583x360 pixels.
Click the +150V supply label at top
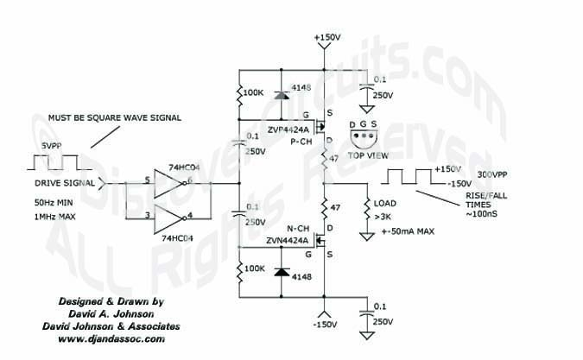(x=326, y=38)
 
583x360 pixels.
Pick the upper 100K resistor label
(x=254, y=92)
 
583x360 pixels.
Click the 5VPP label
(x=51, y=147)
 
